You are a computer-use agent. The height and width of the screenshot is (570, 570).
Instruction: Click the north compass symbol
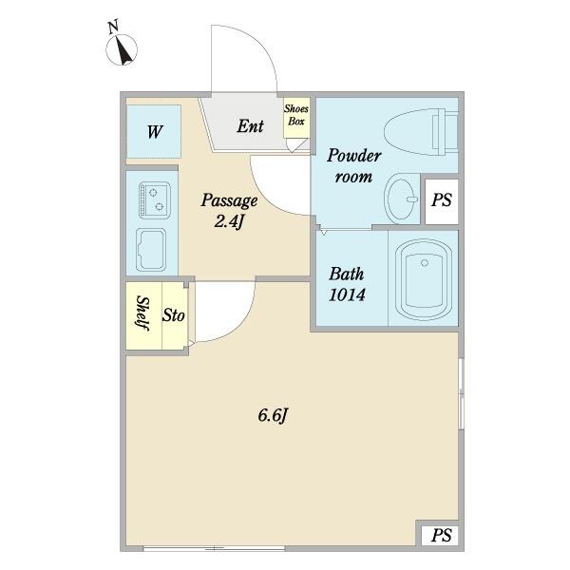click(122, 49)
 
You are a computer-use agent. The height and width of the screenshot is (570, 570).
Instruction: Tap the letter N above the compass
click(113, 28)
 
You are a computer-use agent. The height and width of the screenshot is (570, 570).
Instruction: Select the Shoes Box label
click(296, 115)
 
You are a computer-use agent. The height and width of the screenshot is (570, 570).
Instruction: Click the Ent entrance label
click(250, 126)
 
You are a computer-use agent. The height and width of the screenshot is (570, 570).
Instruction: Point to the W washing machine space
click(154, 132)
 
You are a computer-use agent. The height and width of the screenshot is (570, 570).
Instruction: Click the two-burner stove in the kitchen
click(155, 200)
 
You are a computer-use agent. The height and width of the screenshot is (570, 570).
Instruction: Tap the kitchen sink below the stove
click(151, 250)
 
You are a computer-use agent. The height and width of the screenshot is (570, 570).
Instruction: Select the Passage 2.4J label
click(229, 211)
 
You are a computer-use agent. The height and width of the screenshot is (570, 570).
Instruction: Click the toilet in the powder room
click(421, 132)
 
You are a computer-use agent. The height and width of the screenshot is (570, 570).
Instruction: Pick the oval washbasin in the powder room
click(401, 199)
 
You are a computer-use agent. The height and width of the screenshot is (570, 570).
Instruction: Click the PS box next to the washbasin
click(442, 201)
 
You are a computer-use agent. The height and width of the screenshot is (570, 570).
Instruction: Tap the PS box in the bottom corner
click(440, 536)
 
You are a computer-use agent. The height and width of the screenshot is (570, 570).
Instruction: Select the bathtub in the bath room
click(423, 279)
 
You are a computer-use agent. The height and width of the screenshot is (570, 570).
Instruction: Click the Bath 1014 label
click(347, 284)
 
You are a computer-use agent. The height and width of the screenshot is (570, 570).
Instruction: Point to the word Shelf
click(143, 313)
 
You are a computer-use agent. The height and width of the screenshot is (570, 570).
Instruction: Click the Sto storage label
click(174, 315)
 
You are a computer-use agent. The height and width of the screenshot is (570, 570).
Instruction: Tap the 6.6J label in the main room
click(273, 415)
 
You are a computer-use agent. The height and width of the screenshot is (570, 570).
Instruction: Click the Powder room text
click(353, 165)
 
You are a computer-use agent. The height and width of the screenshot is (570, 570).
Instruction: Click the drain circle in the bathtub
click(425, 262)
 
